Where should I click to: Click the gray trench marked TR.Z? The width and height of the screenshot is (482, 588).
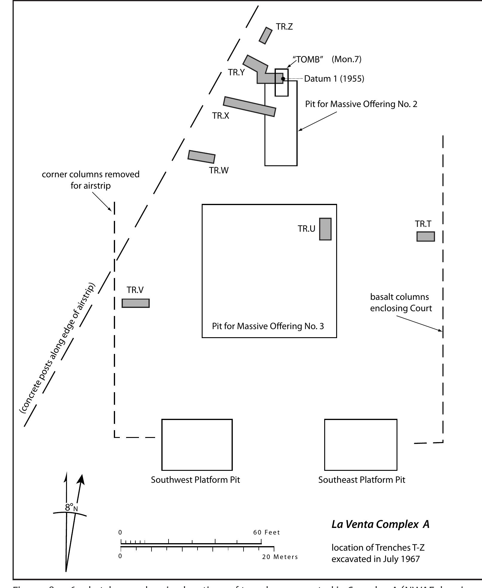(x=265, y=36)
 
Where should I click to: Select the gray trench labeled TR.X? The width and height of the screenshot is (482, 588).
(x=250, y=107)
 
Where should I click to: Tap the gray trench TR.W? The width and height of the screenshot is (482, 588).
(x=201, y=157)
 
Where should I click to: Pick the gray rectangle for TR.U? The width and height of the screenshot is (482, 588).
(x=325, y=229)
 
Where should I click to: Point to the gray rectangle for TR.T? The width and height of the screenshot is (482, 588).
(x=426, y=236)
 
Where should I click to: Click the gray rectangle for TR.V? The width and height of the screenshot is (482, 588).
(x=136, y=303)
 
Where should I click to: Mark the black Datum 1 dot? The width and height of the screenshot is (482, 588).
(x=283, y=79)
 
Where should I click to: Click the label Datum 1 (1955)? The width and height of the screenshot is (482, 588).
(x=334, y=79)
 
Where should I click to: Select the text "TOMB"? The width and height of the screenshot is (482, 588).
(x=309, y=59)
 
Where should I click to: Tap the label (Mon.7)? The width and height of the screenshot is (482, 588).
(x=346, y=59)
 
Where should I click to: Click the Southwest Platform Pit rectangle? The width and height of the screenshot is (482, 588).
(x=197, y=444)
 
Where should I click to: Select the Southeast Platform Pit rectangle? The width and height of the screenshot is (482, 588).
(x=361, y=444)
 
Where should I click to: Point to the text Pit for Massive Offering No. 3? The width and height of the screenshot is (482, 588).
(x=268, y=326)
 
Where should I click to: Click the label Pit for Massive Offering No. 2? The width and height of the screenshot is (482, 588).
(x=361, y=104)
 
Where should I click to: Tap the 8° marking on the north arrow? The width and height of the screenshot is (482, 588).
(x=70, y=507)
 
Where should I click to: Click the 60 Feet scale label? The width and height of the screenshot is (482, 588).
(x=266, y=532)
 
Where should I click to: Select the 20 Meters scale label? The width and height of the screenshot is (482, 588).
(x=280, y=557)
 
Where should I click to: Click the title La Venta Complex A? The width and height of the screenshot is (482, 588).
(x=380, y=524)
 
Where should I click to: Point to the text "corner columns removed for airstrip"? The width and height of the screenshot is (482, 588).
(x=91, y=180)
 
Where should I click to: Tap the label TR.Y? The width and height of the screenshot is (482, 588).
(x=236, y=72)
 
